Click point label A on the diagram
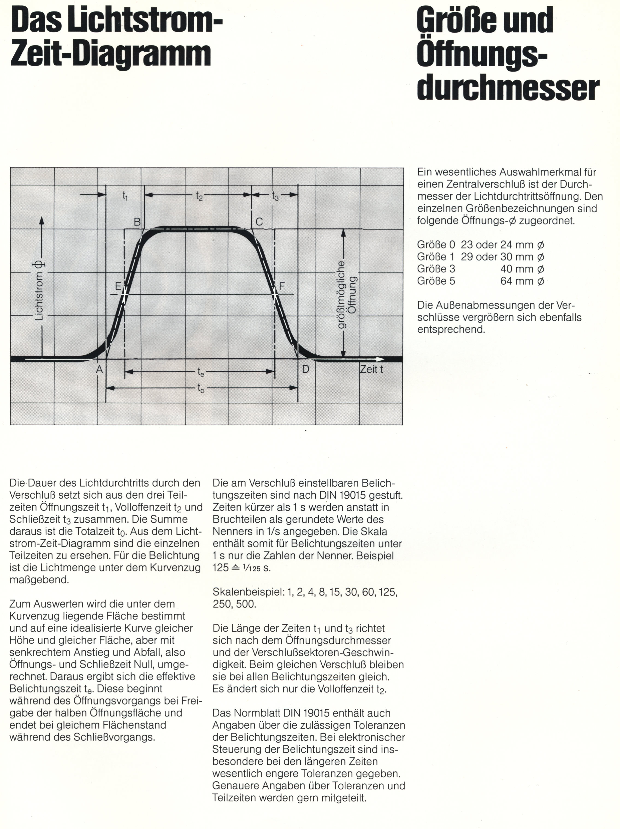click(99, 369)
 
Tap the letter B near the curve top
click(137, 222)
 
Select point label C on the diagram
click(259, 222)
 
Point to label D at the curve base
click(306, 369)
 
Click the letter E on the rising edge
click(118, 287)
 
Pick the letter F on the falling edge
click(282, 287)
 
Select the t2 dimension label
click(199, 195)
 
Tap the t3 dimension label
click(275, 195)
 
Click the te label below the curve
click(201, 372)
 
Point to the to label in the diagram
click(201, 388)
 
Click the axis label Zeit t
click(371, 369)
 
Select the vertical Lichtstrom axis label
click(39, 290)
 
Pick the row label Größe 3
click(436, 269)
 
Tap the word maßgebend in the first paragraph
click(39, 580)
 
